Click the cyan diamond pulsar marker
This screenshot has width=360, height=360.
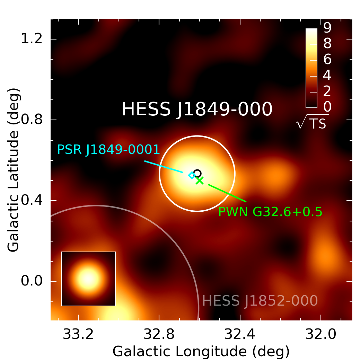point(192,175)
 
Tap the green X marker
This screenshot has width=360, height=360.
point(200,180)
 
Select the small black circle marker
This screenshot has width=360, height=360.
point(197,173)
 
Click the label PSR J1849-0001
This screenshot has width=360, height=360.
point(108,149)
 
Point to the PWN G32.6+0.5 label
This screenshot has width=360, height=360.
point(270,211)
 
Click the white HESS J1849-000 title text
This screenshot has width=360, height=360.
point(197,109)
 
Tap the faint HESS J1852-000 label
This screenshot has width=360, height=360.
point(260,301)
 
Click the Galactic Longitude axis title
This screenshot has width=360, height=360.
point(201,351)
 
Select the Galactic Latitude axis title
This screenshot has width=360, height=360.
point(14,170)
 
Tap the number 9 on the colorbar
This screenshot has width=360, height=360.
point(327,28)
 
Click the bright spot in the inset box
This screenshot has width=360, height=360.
point(88,279)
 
